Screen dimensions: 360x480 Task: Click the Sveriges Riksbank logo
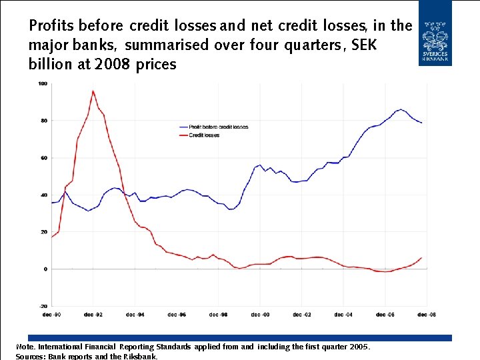point(435,33)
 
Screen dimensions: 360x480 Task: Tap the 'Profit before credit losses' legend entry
point(218,127)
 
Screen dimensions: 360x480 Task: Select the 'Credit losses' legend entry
point(204,135)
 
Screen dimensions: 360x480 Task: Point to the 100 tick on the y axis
point(43,83)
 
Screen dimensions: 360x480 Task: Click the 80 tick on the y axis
point(43,121)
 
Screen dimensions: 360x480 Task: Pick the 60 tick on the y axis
point(43,158)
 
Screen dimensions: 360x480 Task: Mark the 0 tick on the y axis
point(45,269)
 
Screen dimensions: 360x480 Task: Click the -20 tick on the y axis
point(43,306)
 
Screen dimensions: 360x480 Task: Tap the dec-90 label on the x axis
point(51,315)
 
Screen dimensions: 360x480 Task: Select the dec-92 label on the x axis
point(93,315)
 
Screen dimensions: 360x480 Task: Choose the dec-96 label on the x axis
point(177,315)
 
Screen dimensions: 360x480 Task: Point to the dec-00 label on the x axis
point(260,315)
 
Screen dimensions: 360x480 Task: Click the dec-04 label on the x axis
point(343,315)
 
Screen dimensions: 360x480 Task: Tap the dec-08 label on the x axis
point(427,315)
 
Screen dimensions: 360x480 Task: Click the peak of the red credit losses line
point(93,91)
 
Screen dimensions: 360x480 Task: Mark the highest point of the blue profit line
point(401,109)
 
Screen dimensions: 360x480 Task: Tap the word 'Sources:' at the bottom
point(30,357)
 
